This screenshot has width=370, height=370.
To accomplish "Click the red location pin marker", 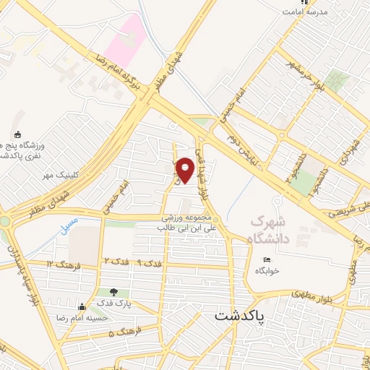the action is tap(185, 170).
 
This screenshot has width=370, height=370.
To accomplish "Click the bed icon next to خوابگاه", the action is tap(267, 260).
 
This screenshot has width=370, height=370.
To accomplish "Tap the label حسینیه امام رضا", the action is tap(101, 317).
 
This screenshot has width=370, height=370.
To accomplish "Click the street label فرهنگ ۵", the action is tap(122, 334).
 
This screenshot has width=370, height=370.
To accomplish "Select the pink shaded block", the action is tap(125, 35).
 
